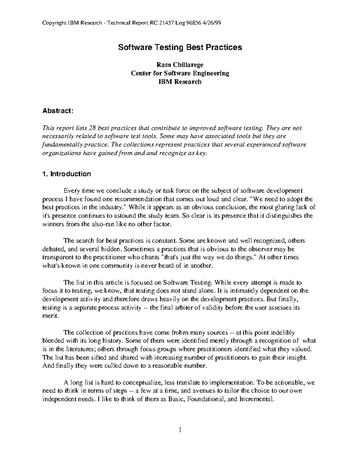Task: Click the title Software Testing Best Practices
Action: coord(180,47)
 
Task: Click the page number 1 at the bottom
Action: coord(180,430)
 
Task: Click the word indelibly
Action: coord(282,332)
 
